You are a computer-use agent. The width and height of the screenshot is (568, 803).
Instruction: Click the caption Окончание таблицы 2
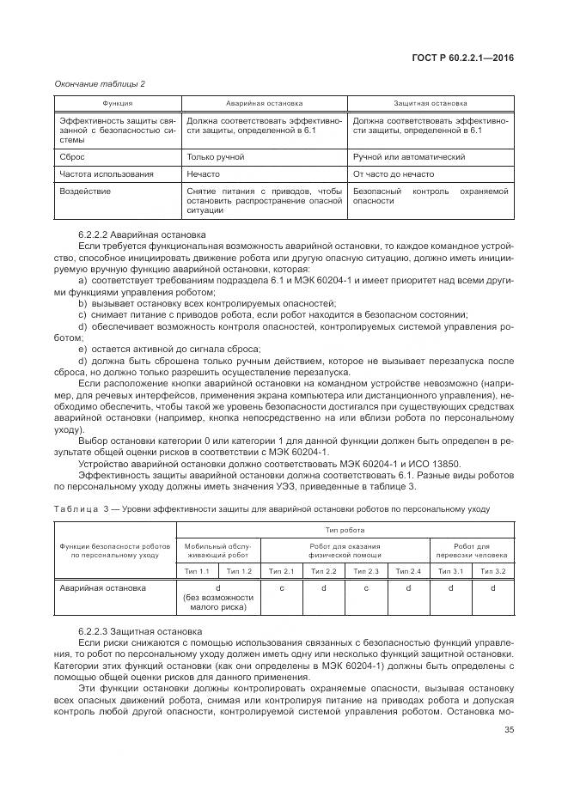tap(101, 82)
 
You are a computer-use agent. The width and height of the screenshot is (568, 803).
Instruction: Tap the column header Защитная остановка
tap(431, 102)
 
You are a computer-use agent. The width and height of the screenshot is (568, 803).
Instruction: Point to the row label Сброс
tap(72, 158)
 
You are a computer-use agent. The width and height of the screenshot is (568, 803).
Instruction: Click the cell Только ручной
tap(216, 158)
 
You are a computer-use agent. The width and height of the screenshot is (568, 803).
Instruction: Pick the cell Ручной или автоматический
tap(409, 158)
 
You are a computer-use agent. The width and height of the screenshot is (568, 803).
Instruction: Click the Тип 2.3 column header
tap(366, 571)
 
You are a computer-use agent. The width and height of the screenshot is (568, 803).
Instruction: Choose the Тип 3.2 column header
tap(492, 571)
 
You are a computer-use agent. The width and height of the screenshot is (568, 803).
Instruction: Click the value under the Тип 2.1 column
tap(282, 588)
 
